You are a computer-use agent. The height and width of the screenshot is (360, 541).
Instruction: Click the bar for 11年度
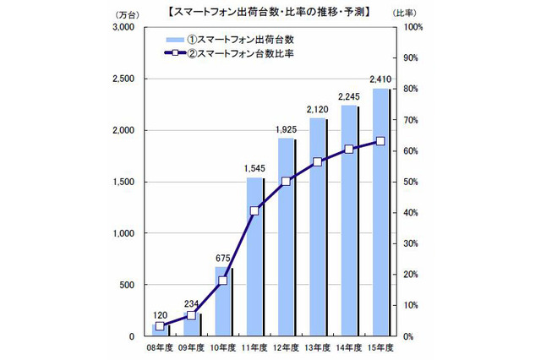[x=254, y=257]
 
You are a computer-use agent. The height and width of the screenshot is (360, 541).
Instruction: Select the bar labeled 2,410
[x=379, y=212]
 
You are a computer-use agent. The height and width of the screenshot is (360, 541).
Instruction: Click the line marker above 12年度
[x=286, y=181]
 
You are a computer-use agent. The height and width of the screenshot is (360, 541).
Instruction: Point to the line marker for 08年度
[x=160, y=325]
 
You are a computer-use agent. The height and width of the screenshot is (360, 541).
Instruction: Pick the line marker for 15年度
[x=380, y=141]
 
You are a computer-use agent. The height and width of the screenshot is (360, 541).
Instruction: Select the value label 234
[x=191, y=304]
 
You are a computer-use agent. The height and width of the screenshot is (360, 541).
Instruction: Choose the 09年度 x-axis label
[x=192, y=347]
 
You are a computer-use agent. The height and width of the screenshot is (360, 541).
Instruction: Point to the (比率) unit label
[x=415, y=14]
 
